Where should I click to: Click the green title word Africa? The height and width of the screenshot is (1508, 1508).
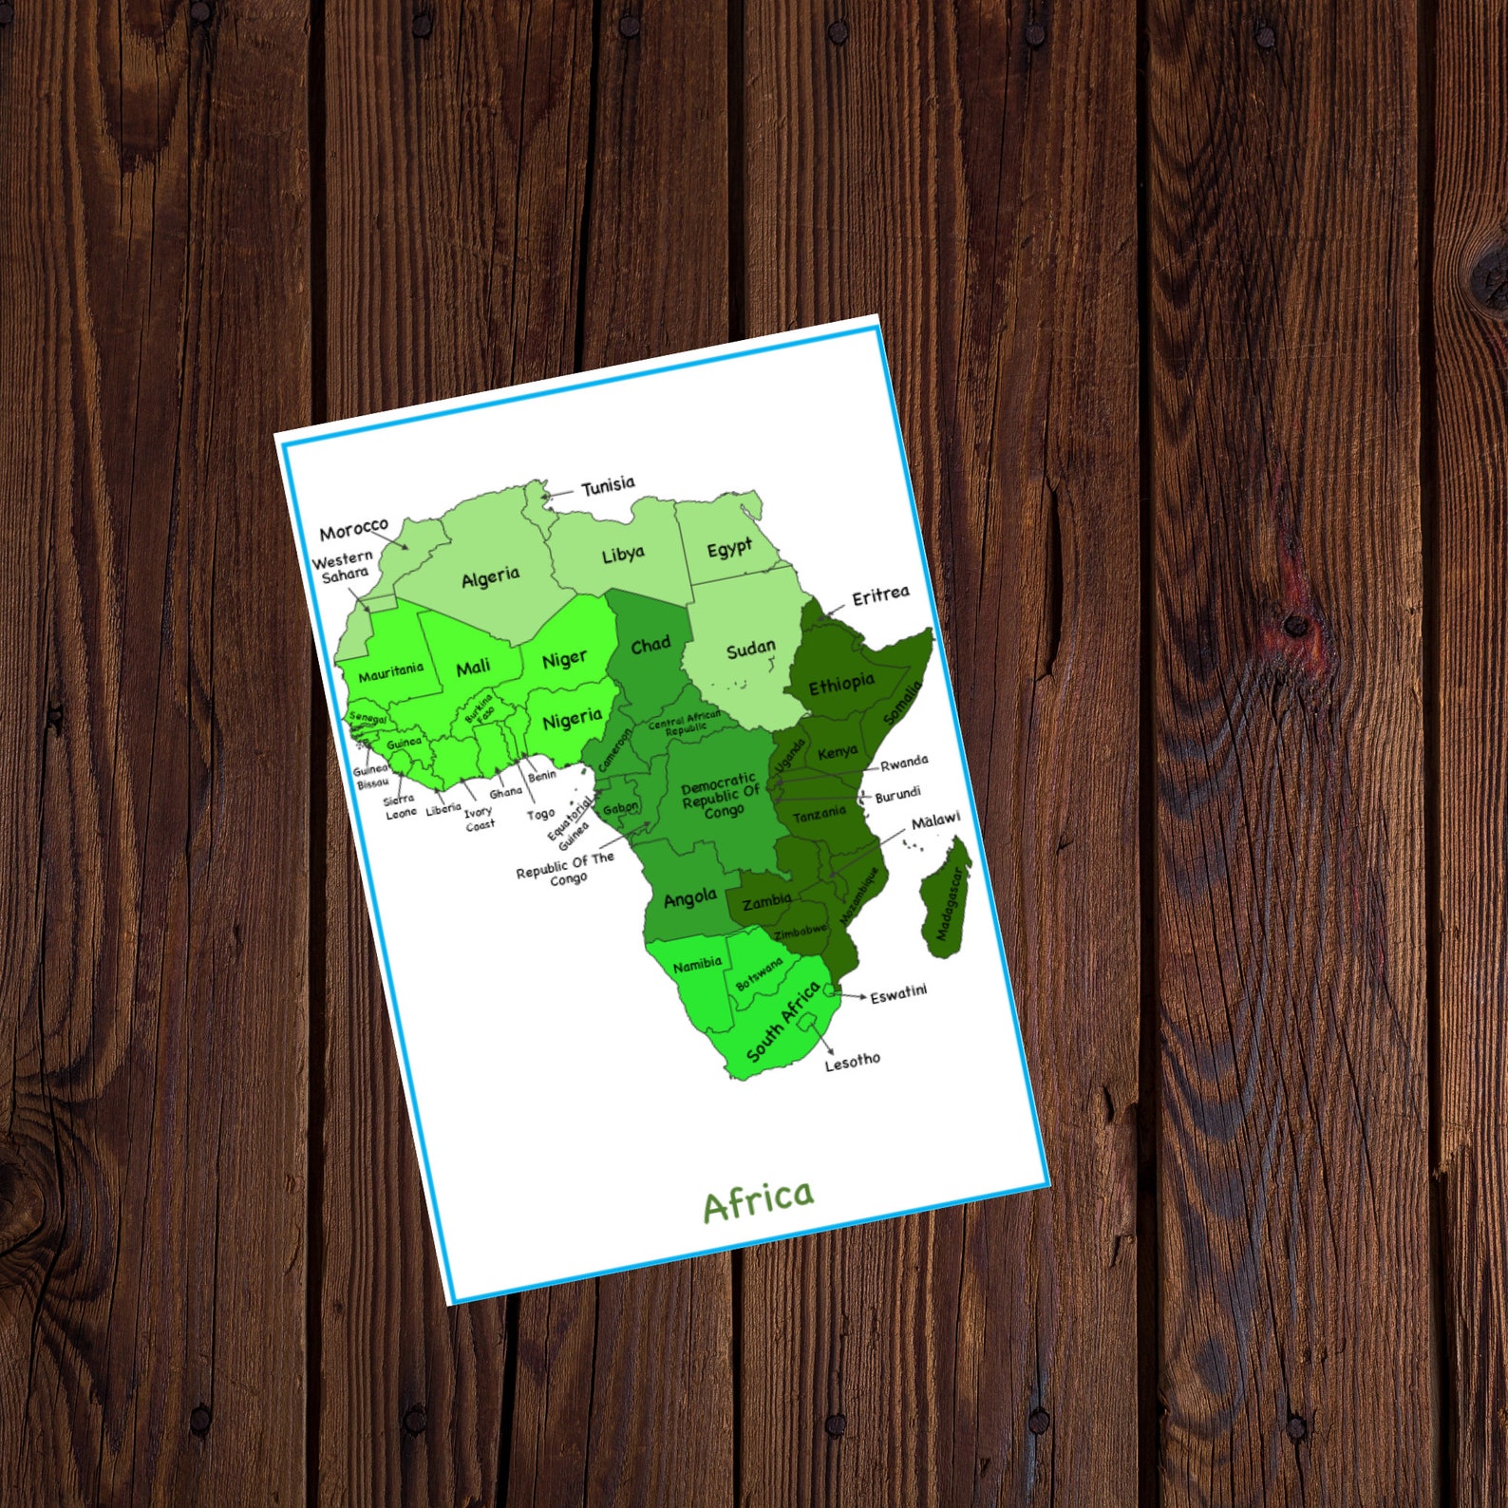tap(758, 1202)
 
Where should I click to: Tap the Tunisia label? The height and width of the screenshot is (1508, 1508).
tap(608, 486)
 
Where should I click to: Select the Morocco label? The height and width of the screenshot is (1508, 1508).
tap(353, 529)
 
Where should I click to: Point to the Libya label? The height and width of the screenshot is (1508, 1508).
tap(623, 554)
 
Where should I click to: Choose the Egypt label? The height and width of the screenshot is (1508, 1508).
tap(729, 549)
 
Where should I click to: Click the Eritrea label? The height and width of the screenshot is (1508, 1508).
tap(880, 596)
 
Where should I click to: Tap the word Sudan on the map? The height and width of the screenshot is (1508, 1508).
tap(750, 650)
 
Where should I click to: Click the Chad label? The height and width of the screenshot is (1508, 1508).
tap(650, 646)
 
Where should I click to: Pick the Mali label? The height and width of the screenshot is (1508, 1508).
tap(473, 668)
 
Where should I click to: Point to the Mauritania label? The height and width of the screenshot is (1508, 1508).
tap(390, 671)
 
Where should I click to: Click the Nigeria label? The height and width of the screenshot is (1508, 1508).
tap(572, 720)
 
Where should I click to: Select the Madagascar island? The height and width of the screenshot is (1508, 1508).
tap(947, 897)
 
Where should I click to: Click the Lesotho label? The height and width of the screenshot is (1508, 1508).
tap(852, 1061)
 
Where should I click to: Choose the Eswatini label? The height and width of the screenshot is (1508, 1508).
tap(898, 993)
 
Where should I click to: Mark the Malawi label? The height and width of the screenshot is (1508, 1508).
tap(935, 820)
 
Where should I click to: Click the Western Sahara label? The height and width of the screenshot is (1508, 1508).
tap(343, 568)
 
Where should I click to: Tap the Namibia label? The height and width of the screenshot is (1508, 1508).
tap(697, 965)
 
